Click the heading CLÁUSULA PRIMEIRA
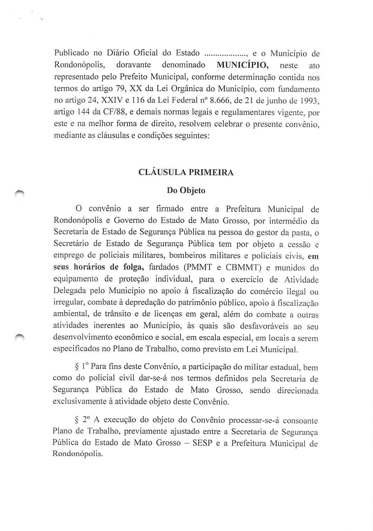point(186,172)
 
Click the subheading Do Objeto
point(186,190)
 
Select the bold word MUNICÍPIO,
point(243,65)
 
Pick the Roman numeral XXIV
point(117,101)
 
